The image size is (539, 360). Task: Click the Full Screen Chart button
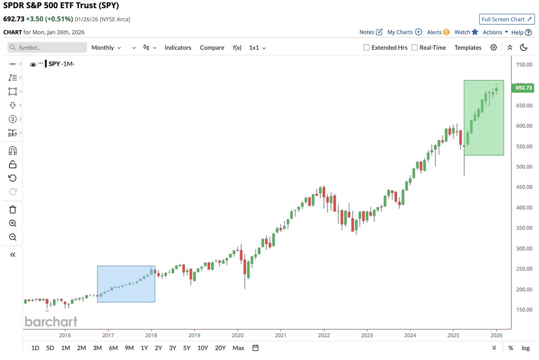(x=506, y=19)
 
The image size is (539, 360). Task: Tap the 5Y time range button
(x=186, y=348)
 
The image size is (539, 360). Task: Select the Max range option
(x=239, y=348)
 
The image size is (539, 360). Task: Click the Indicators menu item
(x=178, y=48)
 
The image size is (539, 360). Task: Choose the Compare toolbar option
(x=212, y=48)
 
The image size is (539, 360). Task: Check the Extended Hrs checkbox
(x=367, y=48)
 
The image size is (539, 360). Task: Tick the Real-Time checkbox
(x=415, y=48)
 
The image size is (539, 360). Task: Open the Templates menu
(x=468, y=48)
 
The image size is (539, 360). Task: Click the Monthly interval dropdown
(x=106, y=48)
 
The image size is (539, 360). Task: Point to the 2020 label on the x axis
(x=237, y=335)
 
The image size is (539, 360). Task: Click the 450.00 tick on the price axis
(x=523, y=187)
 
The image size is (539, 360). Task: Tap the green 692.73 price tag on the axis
(x=523, y=88)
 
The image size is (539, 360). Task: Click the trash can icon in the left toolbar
(x=13, y=209)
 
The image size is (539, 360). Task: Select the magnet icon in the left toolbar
(x=13, y=151)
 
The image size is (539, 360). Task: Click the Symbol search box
(x=48, y=48)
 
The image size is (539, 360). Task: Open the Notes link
(x=371, y=32)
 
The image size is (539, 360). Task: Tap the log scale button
(x=526, y=348)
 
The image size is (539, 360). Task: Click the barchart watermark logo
(x=51, y=321)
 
